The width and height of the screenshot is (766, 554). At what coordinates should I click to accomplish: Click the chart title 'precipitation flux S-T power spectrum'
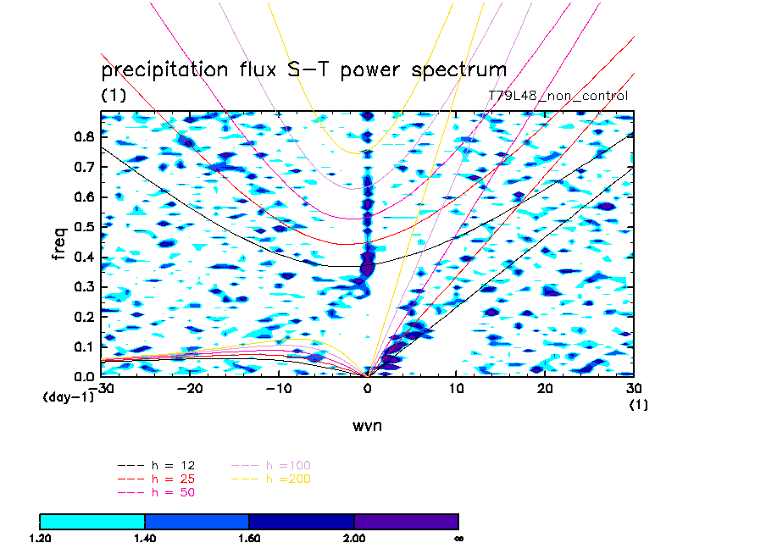coord(303,69)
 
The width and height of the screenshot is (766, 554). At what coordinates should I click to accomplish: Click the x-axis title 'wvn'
coord(367,425)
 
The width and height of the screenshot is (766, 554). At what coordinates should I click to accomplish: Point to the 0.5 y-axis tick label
coord(84,227)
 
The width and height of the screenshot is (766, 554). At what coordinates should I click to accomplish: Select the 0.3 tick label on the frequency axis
coord(84,287)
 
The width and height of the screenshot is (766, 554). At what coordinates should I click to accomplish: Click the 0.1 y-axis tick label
coord(84,347)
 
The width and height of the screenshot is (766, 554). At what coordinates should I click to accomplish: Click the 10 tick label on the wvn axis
coord(457,388)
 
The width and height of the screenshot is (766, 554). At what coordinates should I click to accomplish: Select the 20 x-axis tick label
coord(546,388)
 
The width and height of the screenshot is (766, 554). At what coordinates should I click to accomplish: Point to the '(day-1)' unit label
coord(68,396)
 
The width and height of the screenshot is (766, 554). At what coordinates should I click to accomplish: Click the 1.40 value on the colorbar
coord(145,538)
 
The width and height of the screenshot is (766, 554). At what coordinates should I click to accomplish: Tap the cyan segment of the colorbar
coord(92,521)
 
